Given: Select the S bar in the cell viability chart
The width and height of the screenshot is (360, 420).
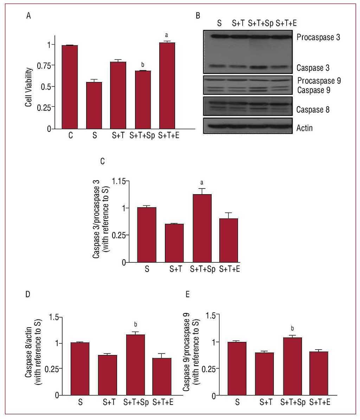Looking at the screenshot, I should tap(94, 105).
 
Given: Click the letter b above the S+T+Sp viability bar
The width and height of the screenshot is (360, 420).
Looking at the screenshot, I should tap(142, 65).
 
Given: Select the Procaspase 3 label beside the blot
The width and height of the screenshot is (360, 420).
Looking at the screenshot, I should tap(318, 37).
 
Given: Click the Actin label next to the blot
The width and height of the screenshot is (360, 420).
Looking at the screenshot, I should tap(304, 128).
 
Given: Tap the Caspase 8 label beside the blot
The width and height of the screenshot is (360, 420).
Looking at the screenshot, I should tap(313, 110).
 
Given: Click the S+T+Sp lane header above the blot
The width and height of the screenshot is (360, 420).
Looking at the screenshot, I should tap(261, 23).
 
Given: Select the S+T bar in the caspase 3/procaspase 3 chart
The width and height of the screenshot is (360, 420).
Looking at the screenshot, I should tap(174, 243).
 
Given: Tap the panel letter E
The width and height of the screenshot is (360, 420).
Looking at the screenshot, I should tap(188, 294).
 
